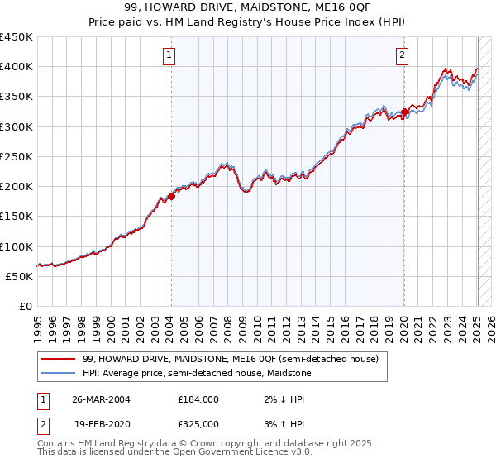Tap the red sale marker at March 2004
pos(171,196)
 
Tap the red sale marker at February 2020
pos(404,112)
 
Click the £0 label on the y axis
pos(25,306)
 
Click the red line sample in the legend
pos(58,359)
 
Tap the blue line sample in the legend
pos(58,373)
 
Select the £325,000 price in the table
pos(198,423)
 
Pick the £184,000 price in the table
pos(198,399)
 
